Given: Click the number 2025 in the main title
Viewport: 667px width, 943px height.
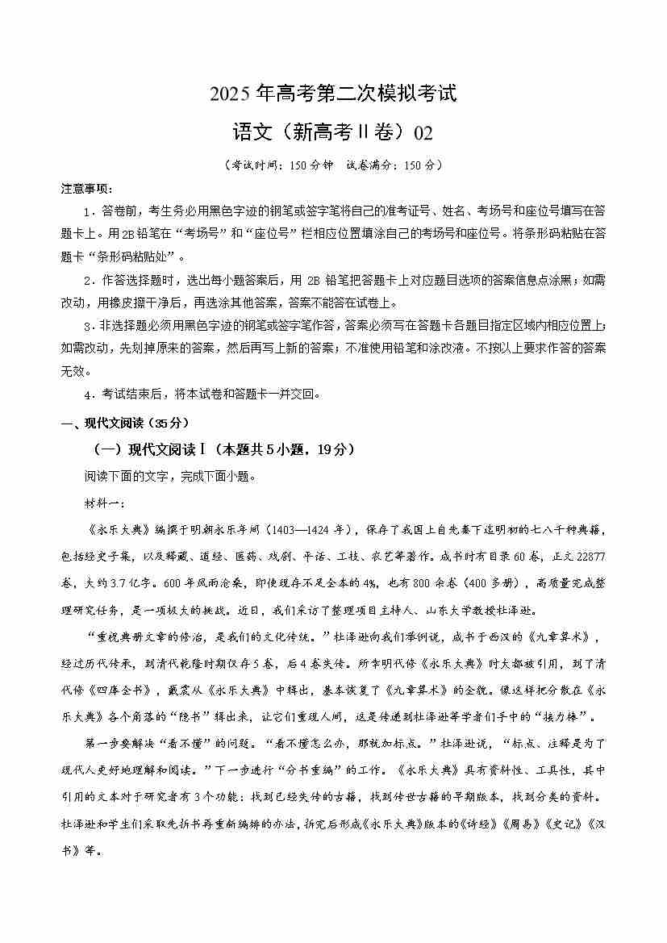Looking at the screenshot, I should (x=231, y=94).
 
